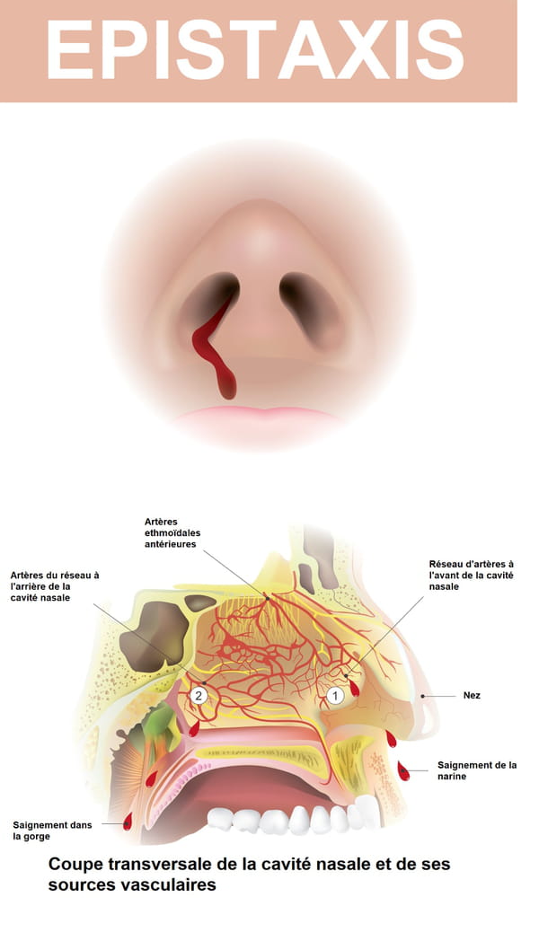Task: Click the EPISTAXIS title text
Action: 254,50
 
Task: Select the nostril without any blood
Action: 311,309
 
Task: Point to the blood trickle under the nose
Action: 214,351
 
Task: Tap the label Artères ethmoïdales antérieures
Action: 172,533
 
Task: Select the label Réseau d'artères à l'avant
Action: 472,576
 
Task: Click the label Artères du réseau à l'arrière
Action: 55,586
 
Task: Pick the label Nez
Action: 472,696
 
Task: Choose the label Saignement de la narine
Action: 477,771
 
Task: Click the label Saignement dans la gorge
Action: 52,831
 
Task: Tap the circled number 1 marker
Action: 336,695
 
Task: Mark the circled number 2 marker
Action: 199,696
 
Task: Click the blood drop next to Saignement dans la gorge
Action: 128,822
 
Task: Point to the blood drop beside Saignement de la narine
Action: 403,771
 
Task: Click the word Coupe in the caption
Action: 67,865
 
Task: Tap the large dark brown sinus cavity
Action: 155,636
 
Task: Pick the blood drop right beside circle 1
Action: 354,688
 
